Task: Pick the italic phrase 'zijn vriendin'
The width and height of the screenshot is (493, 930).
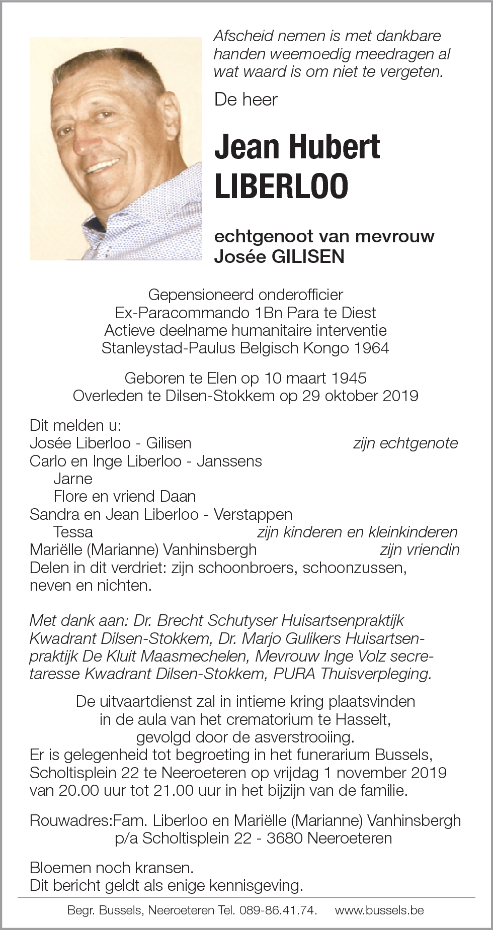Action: pyautogui.click(x=419, y=549)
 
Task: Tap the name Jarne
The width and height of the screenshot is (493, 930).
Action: pyautogui.click(x=73, y=479)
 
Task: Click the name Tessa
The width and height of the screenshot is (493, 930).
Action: pyautogui.click(x=73, y=532)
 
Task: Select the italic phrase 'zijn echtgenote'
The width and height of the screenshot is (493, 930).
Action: pyautogui.click(x=405, y=443)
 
